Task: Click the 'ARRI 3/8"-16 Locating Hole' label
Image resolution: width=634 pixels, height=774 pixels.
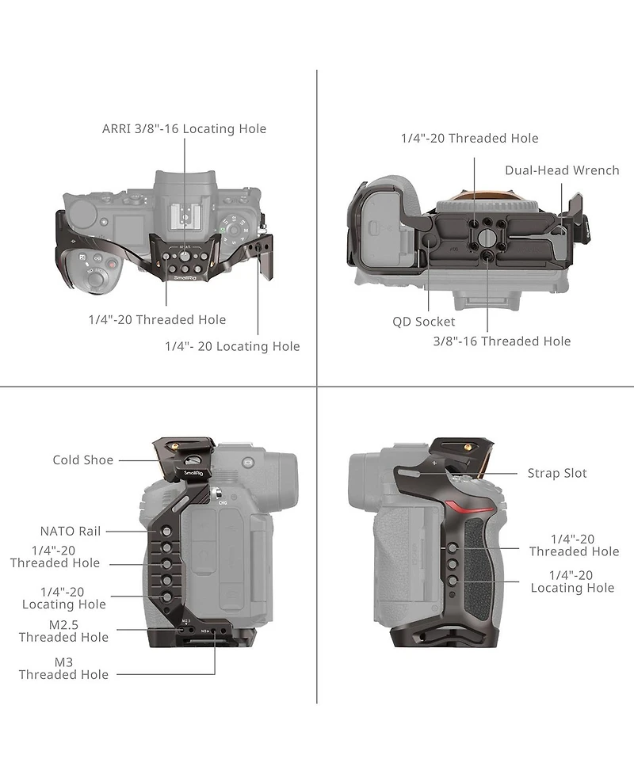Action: coord(184,128)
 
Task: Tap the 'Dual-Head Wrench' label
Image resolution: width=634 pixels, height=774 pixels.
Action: coord(562,170)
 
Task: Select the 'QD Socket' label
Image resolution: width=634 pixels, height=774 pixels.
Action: coord(423,322)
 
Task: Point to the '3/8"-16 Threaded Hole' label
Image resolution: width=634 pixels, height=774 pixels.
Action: coord(502,341)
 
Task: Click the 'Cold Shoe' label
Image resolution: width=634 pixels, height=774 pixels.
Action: coord(83,460)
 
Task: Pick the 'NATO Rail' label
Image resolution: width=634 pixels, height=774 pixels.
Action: coord(71,531)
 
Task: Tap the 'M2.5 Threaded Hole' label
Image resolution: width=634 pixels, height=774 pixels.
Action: coord(63,631)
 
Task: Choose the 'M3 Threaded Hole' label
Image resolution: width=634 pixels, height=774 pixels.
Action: coord(63,668)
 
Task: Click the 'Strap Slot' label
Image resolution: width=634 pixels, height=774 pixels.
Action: coord(557,473)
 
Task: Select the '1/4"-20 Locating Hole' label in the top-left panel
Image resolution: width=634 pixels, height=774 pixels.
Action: coord(232,346)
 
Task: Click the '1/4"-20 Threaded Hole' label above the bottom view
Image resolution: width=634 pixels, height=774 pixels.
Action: coord(469,139)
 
